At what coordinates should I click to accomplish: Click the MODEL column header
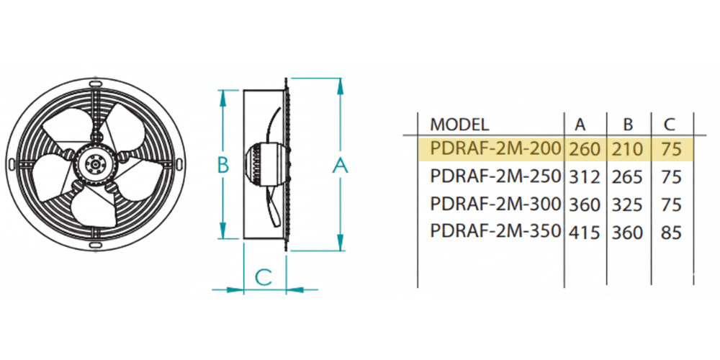(459, 125)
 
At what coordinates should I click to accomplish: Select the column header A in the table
(580, 125)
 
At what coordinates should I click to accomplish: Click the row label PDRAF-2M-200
(495, 148)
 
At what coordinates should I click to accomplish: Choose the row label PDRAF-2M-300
(495, 204)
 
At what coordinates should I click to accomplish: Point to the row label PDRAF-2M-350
(495, 231)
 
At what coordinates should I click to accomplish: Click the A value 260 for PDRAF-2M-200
(585, 149)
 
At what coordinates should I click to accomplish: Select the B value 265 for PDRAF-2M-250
(627, 177)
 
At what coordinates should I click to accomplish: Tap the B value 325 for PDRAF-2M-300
(627, 204)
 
